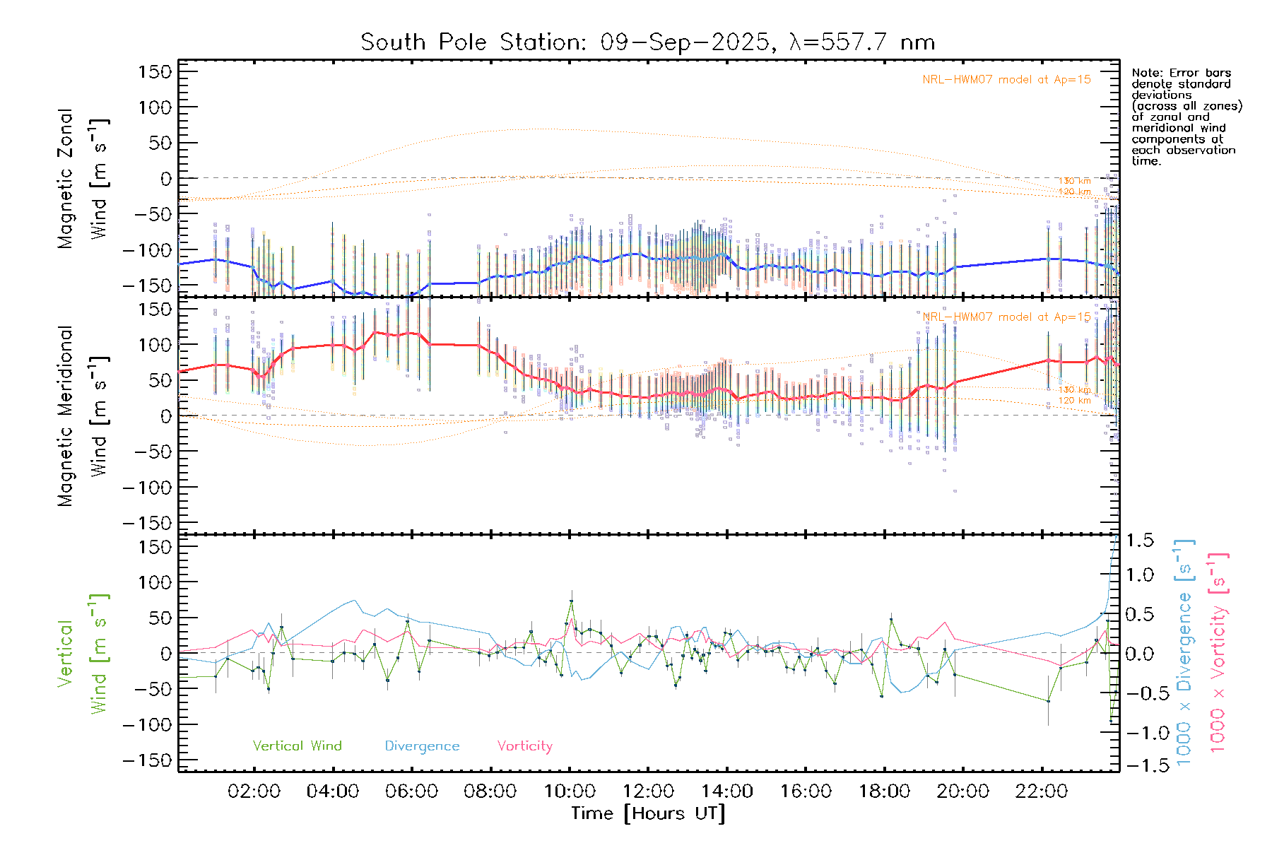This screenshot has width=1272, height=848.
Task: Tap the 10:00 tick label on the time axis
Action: [570, 791]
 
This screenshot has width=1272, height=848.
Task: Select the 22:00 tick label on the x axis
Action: [1041, 791]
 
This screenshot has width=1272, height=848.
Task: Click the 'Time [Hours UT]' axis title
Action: [648, 813]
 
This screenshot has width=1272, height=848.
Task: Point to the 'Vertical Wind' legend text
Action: [297, 746]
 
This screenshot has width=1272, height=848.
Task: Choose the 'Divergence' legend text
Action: [422, 746]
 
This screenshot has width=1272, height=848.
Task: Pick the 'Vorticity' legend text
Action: [524, 746]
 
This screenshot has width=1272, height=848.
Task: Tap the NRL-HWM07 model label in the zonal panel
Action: [1006, 80]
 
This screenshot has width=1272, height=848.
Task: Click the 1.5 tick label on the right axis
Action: [1139, 541]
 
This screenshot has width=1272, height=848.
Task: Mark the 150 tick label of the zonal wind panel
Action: [155, 71]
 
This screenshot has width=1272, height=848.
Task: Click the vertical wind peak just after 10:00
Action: [572, 601]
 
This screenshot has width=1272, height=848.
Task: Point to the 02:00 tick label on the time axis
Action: [254, 791]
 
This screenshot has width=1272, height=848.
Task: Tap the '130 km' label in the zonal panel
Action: [1074, 181]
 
